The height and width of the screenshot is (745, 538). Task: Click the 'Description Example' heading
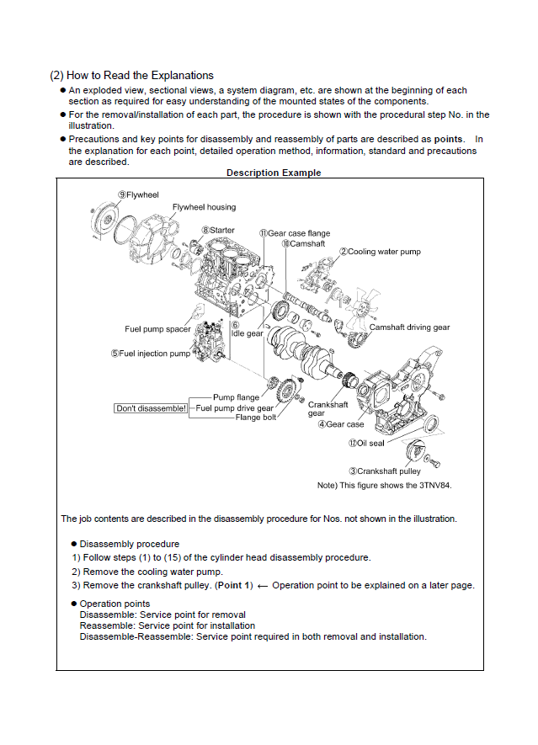pos(274,173)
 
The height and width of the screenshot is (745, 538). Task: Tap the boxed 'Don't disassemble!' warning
pos(152,408)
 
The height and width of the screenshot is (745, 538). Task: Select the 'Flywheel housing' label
pos(204,207)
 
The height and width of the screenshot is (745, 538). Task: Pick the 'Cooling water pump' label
pos(380,252)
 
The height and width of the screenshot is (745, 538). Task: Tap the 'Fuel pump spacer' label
pos(157,329)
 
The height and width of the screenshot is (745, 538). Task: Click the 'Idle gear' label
pos(247,333)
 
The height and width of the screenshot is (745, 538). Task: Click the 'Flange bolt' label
pos(255,418)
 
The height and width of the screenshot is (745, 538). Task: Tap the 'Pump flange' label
pos(236,397)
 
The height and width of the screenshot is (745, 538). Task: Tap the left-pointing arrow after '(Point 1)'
pos(262,585)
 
